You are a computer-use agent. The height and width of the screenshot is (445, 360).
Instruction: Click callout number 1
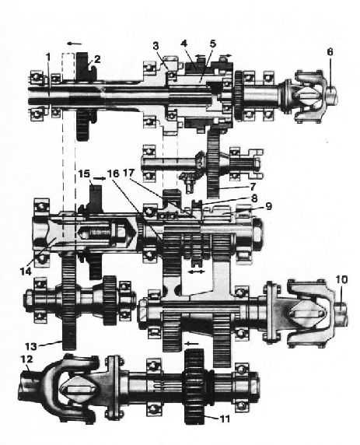click(x=48, y=57)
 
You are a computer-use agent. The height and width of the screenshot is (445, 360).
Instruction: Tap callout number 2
click(x=97, y=59)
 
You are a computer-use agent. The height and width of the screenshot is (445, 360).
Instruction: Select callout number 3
click(x=156, y=46)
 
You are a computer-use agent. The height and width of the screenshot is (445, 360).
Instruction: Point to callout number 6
click(x=330, y=52)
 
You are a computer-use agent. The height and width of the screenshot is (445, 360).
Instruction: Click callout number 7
click(x=252, y=187)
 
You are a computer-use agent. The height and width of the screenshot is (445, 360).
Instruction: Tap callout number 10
click(x=341, y=279)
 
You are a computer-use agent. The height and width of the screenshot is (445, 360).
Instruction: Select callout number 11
click(x=225, y=419)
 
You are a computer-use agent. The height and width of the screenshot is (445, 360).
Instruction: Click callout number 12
click(x=26, y=359)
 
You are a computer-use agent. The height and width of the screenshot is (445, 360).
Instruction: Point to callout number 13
click(x=30, y=346)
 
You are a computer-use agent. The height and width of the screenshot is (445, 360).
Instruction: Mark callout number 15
click(x=84, y=173)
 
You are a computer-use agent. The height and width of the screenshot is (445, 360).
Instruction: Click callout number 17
click(x=128, y=173)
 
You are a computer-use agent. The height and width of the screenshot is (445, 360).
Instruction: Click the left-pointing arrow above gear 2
click(x=75, y=44)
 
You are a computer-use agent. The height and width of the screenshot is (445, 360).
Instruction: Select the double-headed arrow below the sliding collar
click(x=196, y=272)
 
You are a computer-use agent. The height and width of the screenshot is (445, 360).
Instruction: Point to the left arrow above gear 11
click(x=191, y=343)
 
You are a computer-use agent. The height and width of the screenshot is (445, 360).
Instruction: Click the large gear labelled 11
click(x=194, y=387)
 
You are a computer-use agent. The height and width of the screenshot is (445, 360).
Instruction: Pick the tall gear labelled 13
click(x=68, y=301)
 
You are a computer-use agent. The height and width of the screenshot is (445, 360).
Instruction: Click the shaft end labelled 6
click(x=332, y=96)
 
